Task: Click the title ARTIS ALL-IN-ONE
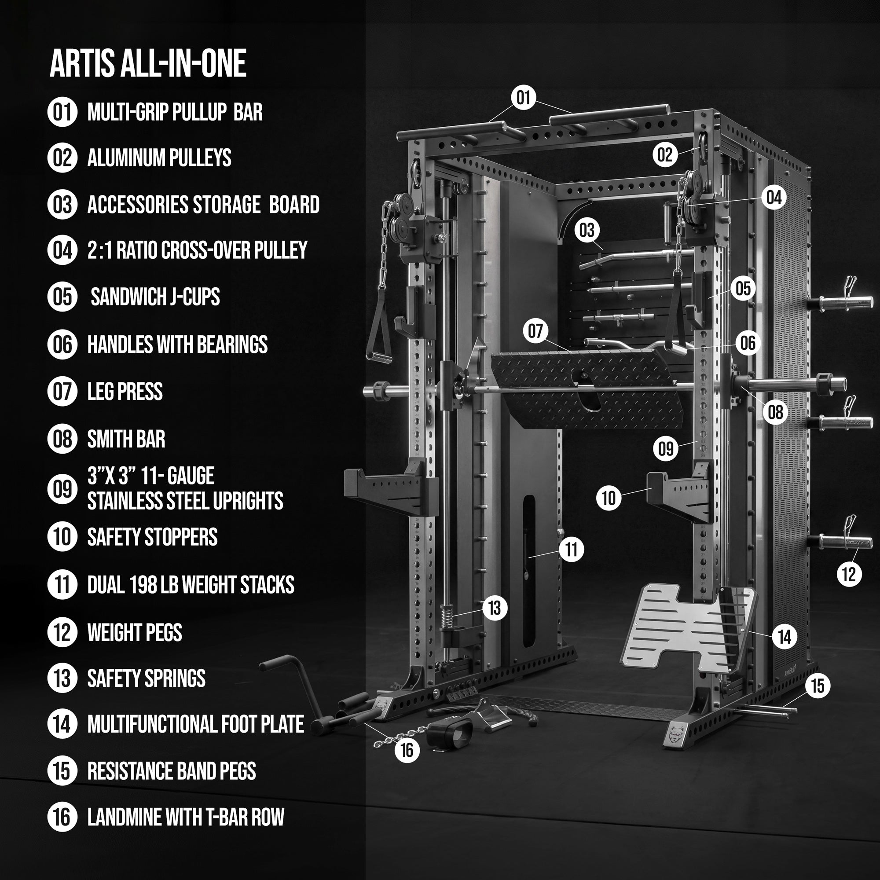(x=148, y=63)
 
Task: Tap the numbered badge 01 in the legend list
(x=62, y=112)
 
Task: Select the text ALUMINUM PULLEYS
(x=159, y=158)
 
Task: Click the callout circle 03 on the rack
(x=587, y=230)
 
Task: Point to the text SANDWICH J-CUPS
(x=155, y=297)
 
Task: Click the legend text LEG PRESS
(x=125, y=392)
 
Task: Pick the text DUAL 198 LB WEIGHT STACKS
(x=191, y=585)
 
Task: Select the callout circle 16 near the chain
(x=407, y=750)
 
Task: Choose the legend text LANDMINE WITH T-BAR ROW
(x=185, y=817)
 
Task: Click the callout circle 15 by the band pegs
(x=818, y=686)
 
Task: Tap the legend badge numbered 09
(x=62, y=489)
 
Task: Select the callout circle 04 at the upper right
(x=774, y=197)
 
